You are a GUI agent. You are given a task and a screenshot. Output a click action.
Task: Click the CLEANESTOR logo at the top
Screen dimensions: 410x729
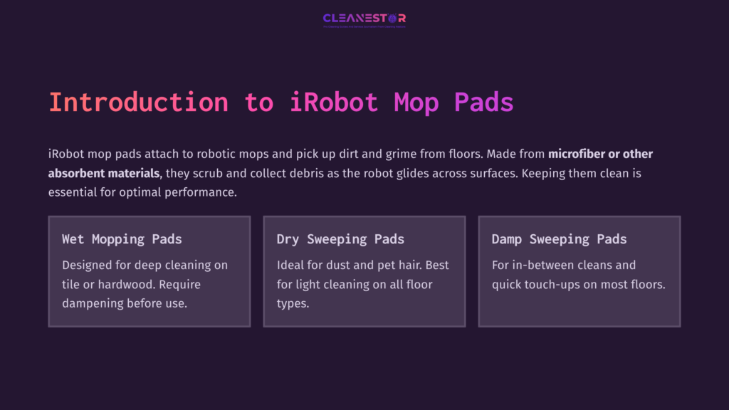coord(364,19)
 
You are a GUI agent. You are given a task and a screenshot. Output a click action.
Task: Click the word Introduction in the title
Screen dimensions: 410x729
coord(138,102)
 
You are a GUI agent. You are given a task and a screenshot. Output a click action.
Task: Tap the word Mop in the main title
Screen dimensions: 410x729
coord(416,102)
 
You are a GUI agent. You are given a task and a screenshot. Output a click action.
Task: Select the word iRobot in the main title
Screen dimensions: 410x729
coord(334,102)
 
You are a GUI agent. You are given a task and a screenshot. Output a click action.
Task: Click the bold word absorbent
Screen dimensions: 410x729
coord(75,173)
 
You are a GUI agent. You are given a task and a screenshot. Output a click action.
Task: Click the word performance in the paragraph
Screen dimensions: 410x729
coord(203,192)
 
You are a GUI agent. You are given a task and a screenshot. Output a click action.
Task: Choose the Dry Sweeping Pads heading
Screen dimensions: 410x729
coord(340,239)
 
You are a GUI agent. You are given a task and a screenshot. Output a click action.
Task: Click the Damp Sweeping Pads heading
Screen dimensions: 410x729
coord(559,239)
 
